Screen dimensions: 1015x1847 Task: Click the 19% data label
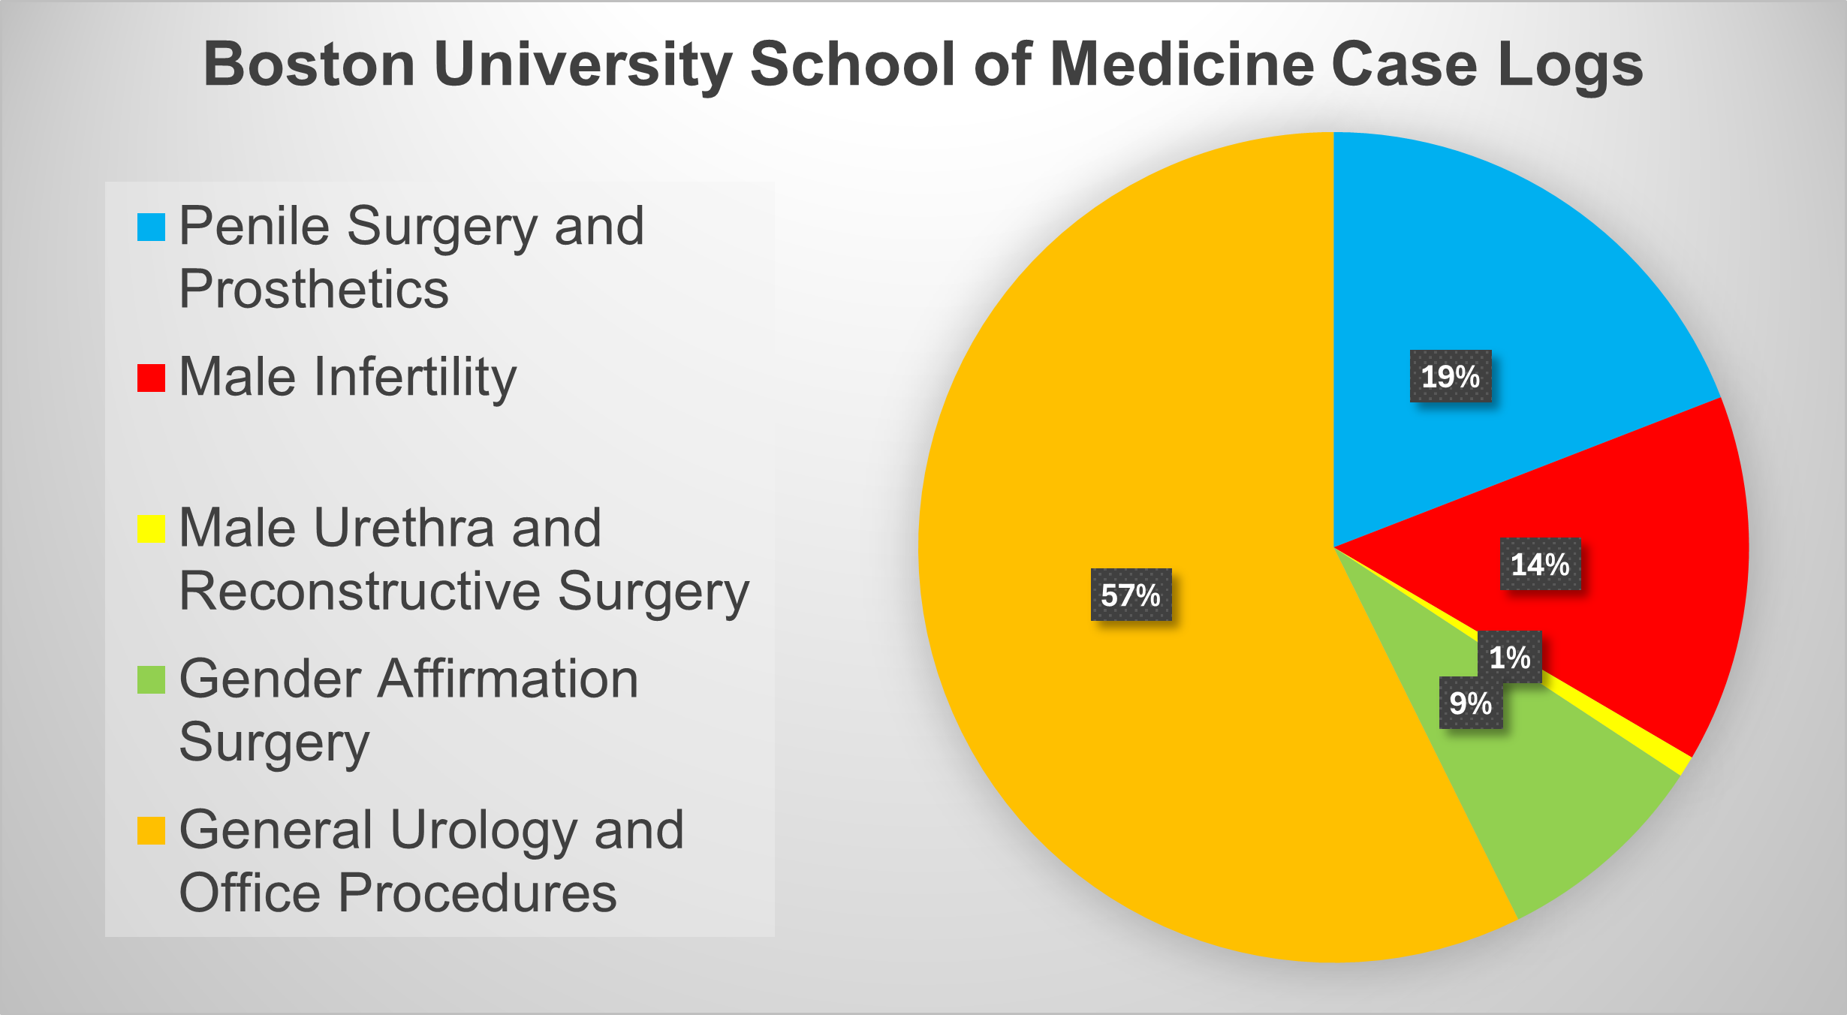tap(1450, 376)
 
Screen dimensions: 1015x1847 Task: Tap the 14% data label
tap(1540, 564)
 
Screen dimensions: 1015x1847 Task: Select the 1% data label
tap(1509, 657)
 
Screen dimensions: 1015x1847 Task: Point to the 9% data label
tap(1470, 703)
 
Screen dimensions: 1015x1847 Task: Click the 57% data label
tap(1131, 595)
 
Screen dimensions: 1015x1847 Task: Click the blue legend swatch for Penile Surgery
tap(151, 227)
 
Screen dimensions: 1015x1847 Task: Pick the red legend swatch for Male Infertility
tap(151, 378)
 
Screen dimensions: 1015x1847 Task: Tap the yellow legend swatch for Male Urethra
tap(151, 529)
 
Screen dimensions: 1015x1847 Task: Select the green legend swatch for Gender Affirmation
tap(151, 680)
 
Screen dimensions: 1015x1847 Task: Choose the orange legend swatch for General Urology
tap(151, 831)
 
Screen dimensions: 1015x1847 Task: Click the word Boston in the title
tap(309, 65)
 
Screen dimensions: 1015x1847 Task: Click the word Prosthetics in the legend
tap(314, 290)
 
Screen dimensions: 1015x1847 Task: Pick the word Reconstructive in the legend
tap(360, 592)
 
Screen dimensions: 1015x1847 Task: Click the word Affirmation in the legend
tap(508, 679)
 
